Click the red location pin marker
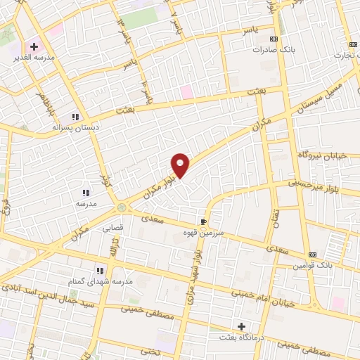pyautogui.click(x=181, y=165)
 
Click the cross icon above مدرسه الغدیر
pyautogui.click(x=34, y=46)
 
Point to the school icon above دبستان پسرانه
pyautogui.click(x=75, y=117)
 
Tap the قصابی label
pyautogui.click(x=113, y=229)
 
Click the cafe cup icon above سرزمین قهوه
pyautogui.click(x=204, y=219)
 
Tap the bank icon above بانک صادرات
pyautogui.click(x=274, y=39)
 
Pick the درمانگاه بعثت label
pyautogui.click(x=243, y=337)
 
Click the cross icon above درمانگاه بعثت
pyautogui.click(x=242, y=326)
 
